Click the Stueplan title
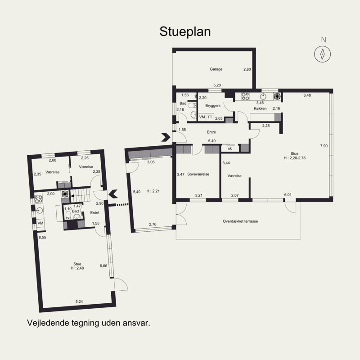pyautogui.click(x=185, y=31)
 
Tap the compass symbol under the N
pyautogui.click(x=322, y=54)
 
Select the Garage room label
pyautogui.click(x=216, y=69)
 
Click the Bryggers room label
pyautogui.click(x=213, y=106)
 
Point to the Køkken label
pyautogui.click(x=260, y=108)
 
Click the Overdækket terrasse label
pyautogui.click(x=240, y=221)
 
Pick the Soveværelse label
pyautogui.click(x=198, y=174)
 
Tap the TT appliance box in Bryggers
pyautogui.click(x=210, y=117)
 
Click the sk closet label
pyautogui.click(x=230, y=148)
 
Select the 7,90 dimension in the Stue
pyautogui.click(x=324, y=146)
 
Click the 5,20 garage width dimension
pyautogui.click(x=217, y=85)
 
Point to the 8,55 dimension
pyautogui.click(x=42, y=238)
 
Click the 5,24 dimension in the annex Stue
pyautogui.click(x=79, y=301)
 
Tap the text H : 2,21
pyautogui.click(x=153, y=191)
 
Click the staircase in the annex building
pyautogui.click(x=80, y=195)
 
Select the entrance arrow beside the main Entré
pyautogui.click(x=166, y=137)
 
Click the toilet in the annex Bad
pyautogui.click(x=68, y=216)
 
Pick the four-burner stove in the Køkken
pyautogui.click(x=245, y=96)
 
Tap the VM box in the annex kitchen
pyautogui.click(x=40, y=223)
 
